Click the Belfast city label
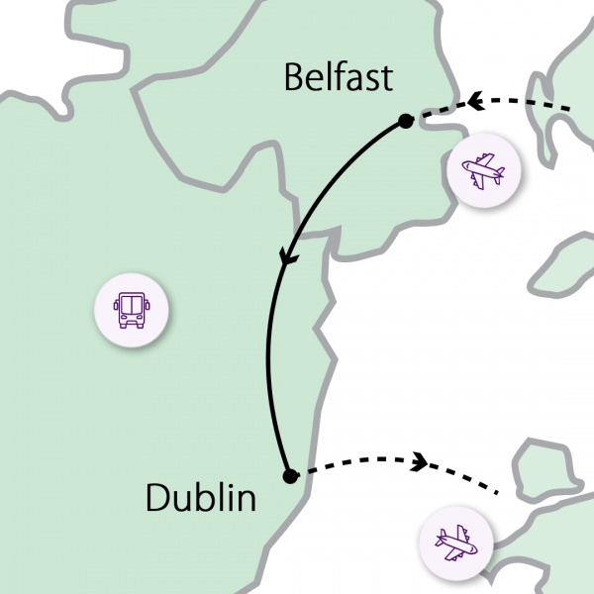click(x=338, y=76)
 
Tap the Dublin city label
click(x=200, y=497)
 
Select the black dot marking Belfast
click(x=405, y=121)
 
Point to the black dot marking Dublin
click(x=289, y=476)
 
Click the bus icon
click(x=132, y=309)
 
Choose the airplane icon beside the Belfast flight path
click(x=483, y=170)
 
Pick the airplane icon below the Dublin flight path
click(x=456, y=543)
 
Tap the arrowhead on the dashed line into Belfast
click(x=474, y=101)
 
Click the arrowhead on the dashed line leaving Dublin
click(x=420, y=460)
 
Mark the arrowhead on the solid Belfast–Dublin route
click(x=288, y=256)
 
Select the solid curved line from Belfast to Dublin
click(x=269, y=356)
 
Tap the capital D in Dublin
click(x=157, y=497)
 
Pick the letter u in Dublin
click(x=184, y=500)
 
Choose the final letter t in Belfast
click(x=386, y=77)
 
